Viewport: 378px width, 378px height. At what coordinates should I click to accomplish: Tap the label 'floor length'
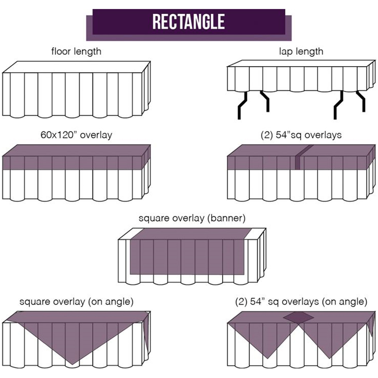[76, 51]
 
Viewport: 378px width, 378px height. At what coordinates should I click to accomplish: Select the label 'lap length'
[301, 51]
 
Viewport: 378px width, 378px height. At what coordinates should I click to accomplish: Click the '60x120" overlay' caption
[76, 135]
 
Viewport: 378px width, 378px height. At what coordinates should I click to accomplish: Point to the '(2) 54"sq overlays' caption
[301, 135]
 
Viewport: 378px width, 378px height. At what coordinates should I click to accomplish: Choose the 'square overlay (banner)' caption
[189, 219]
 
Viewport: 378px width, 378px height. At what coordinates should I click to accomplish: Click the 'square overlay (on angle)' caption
[76, 301]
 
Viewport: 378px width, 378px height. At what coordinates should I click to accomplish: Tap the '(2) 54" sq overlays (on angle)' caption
[301, 301]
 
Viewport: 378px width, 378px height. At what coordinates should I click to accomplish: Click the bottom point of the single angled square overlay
[71, 363]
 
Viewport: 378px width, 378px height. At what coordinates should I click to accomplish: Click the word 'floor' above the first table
[62, 51]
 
